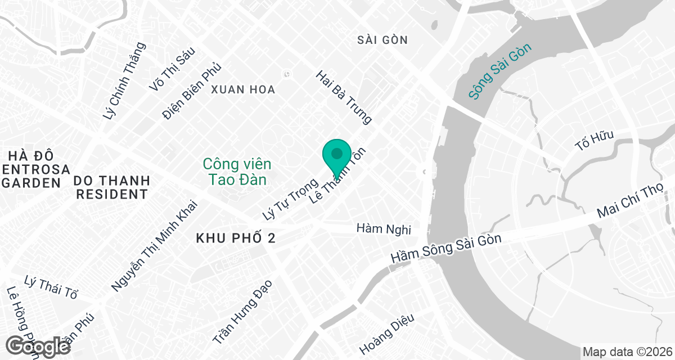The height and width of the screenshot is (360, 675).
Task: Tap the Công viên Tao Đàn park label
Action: [237, 172]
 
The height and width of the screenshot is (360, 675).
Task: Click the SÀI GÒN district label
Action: [382, 40]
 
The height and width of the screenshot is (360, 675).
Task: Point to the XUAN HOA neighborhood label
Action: [243, 89]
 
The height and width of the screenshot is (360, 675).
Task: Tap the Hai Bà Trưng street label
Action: [344, 97]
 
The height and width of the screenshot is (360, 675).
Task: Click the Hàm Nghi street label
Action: [384, 229]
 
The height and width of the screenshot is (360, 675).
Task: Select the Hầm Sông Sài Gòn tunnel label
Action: [446, 248]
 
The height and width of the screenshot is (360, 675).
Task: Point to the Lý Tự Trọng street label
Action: [290, 199]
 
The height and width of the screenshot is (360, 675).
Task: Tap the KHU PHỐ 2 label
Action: [236, 238]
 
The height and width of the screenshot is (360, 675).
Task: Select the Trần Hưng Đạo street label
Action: [242, 311]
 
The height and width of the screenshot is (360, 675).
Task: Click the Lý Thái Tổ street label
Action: [51, 286]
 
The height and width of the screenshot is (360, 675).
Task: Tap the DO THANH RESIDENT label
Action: [112, 187]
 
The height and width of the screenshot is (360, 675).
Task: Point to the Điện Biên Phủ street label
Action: [191, 91]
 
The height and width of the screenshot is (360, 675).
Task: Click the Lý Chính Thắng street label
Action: [125, 81]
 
